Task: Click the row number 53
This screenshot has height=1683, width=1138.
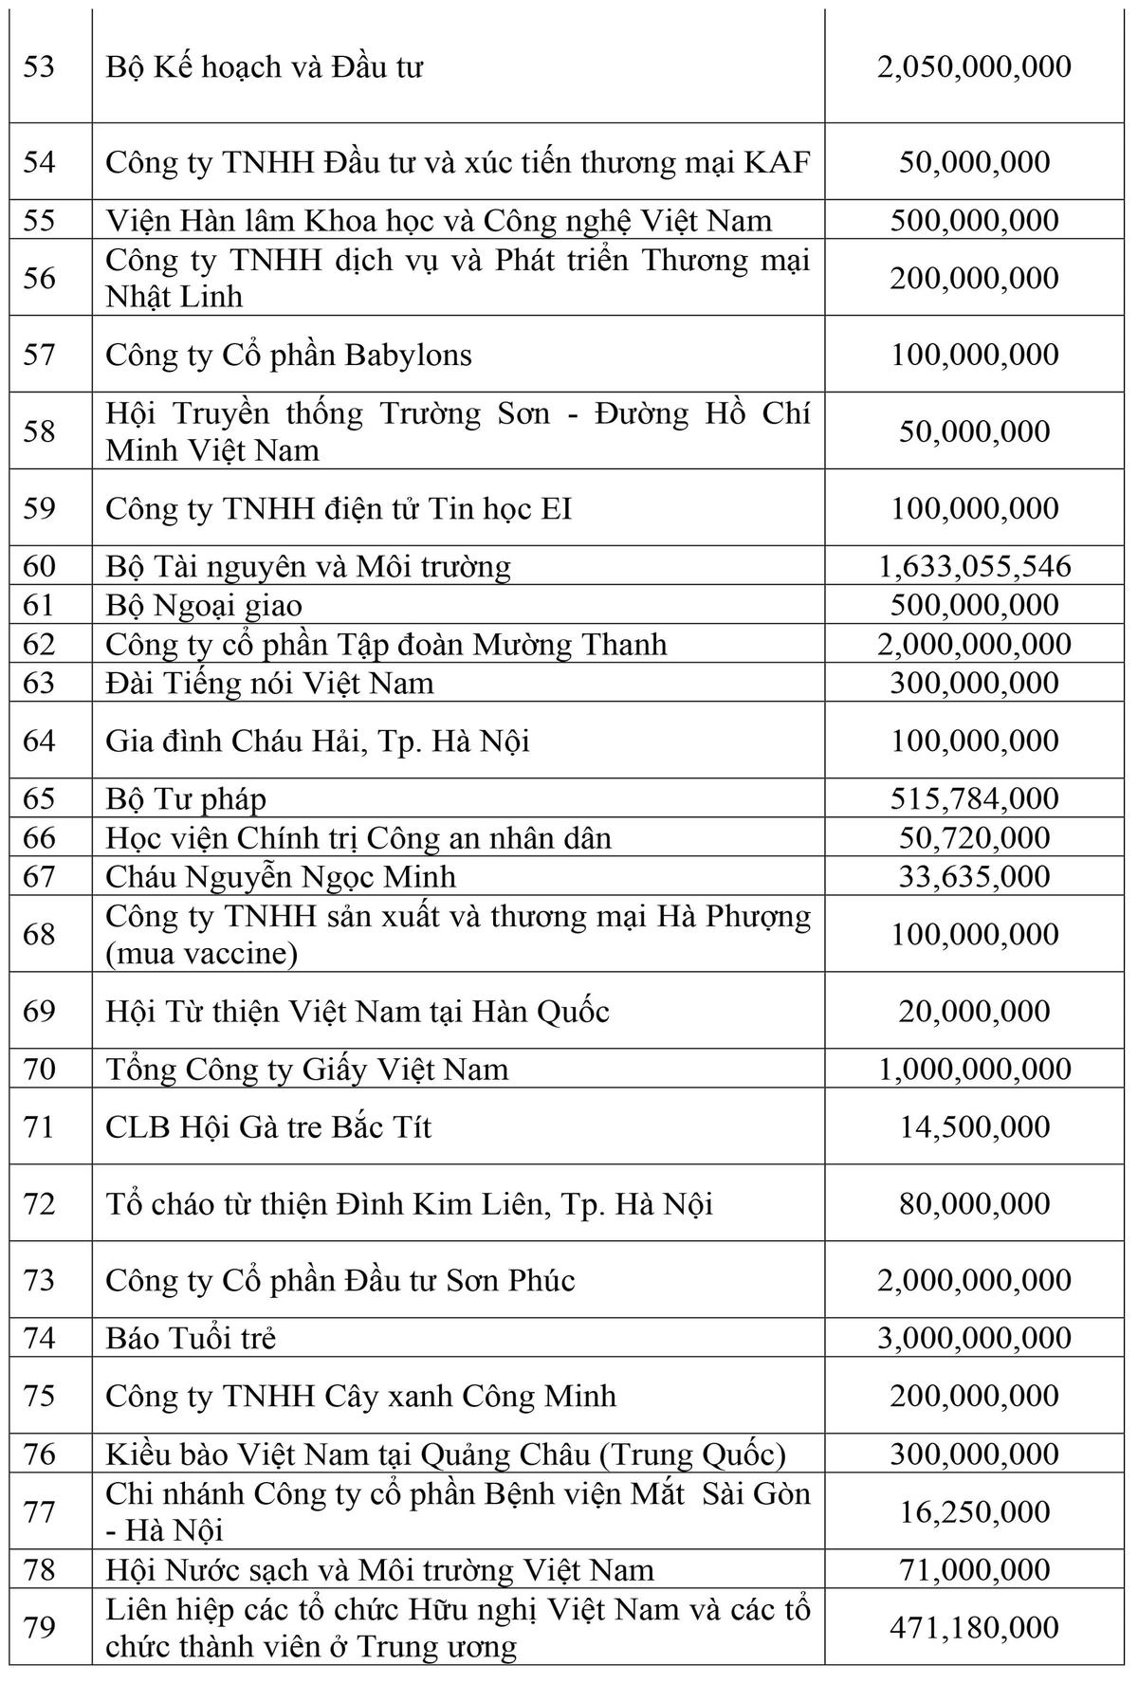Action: coord(39,67)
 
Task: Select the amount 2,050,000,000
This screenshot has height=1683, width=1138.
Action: coord(974,66)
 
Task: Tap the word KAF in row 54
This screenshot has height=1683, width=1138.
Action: coord(778,162)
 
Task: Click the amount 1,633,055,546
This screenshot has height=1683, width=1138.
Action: coord(974,567)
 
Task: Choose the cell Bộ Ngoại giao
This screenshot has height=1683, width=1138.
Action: coord(204,606)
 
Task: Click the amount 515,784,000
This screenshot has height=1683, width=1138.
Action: coord(974,798)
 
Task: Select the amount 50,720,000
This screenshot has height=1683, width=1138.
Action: coord(974,838)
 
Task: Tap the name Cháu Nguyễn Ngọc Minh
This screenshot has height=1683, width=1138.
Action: coord(281,876)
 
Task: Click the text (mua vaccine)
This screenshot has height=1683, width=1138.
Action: coord(202,953)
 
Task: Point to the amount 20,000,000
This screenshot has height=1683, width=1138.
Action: coord(974,1011)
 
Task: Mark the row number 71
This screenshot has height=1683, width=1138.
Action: coord(39,1126)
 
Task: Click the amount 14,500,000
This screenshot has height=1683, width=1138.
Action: coord(974,1126)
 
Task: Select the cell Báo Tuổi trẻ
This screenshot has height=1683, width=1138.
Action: coord(191,1338)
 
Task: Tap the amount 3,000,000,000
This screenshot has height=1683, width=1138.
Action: coord(974,1338)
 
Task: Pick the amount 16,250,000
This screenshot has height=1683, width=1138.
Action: coord(974,1511)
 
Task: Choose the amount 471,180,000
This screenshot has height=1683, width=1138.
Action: coord(974,1627)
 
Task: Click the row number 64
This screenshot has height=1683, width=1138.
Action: coord(39,741)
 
